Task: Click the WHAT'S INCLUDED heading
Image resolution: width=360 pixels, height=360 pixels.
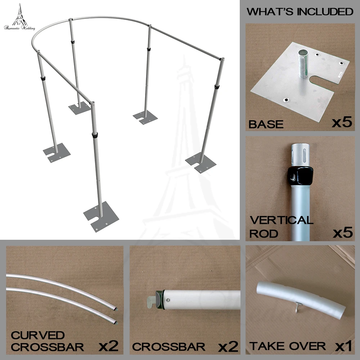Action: pos(300,12)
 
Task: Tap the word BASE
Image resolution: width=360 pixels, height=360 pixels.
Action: pos(266,125)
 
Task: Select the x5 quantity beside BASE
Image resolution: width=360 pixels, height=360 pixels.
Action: pos(341,123)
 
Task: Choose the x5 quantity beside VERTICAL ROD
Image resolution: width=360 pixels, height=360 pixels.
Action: pos(341,233)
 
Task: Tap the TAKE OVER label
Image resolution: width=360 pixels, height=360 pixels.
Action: pos(288,346)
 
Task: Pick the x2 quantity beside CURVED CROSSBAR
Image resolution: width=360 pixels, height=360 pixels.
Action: pos(108,347)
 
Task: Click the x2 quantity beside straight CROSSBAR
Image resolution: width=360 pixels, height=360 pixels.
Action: pos(228,347)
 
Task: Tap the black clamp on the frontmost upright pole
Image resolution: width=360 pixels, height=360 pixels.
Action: pos(95,136)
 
